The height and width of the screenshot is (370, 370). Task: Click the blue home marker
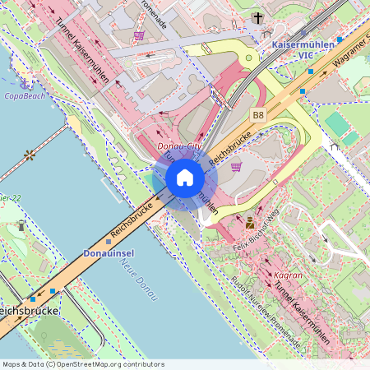coord(184,178)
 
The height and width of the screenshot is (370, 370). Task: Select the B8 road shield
coord(259,115)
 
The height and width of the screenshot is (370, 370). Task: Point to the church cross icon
coord(258,17)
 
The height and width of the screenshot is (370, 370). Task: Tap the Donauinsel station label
coord(109,254)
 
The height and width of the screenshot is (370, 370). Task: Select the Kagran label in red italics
coord(289,275)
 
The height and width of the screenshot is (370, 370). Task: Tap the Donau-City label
coord(178,146)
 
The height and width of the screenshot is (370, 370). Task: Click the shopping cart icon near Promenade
coord(139,35)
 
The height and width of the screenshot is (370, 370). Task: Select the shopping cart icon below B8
coord(237,166)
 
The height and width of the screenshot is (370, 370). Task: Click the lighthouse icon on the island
coord(21,225)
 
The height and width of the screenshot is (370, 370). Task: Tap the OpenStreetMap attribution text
coord(82,363)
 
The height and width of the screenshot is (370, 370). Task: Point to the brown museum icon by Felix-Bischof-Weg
coord(250,222)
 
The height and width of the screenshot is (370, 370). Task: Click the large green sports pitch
coord(337,124)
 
